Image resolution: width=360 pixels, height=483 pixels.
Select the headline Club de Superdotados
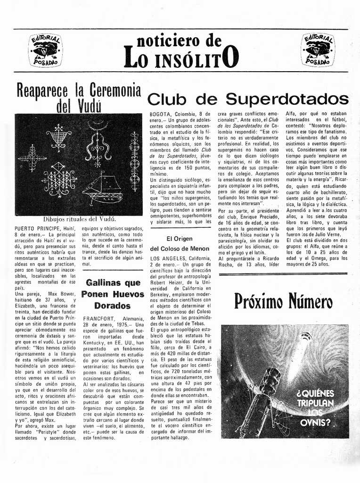pos(248,100)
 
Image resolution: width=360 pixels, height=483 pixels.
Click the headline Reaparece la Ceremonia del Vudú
pos(79,97)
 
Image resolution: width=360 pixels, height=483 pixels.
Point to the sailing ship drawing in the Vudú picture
pos(102,188)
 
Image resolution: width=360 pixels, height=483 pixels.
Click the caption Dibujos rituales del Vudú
pos(79,219)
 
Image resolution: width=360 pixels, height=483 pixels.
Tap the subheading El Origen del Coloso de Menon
pos(180,243)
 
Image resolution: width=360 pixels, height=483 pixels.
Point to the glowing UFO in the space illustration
pos(306,337)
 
